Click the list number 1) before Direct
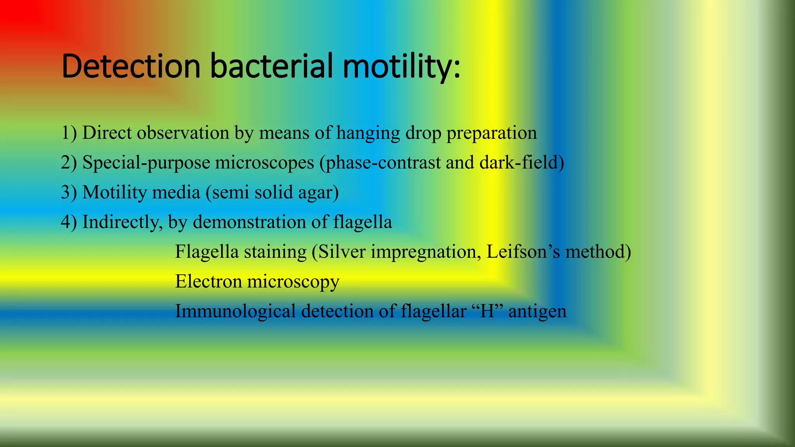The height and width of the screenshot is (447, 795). [69, 133]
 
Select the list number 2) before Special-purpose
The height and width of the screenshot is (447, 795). [69, 163]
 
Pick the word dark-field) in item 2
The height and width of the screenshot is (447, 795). [522, 163]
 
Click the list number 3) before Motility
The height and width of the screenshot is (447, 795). [69, 192]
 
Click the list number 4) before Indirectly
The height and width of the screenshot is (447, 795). [69, 222]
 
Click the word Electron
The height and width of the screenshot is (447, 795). [208, 281]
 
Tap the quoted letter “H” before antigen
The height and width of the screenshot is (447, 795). [488, 311]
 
